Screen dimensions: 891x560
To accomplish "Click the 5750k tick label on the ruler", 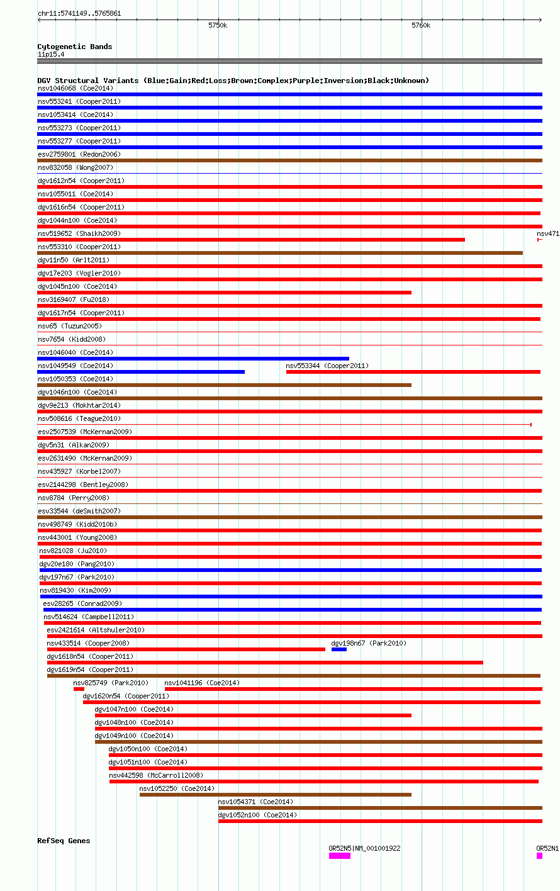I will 218,26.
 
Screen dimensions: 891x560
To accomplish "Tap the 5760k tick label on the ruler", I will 421,26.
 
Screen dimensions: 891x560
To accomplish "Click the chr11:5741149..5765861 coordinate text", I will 79,13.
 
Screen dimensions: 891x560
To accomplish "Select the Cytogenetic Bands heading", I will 75,47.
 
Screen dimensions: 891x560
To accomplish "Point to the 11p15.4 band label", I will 51,54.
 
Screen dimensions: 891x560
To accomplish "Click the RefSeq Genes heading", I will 64,841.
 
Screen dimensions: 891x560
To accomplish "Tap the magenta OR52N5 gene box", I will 340,856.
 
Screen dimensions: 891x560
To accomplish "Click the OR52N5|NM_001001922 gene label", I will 364,848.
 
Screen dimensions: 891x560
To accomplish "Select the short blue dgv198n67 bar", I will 339,649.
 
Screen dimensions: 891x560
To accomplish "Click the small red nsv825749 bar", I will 79,689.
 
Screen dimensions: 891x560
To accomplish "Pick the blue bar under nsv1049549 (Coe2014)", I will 141,372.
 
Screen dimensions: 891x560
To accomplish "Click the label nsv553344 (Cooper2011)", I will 327,366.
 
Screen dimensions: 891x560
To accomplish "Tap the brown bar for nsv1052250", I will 275,795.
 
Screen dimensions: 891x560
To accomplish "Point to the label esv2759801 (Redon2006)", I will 79,154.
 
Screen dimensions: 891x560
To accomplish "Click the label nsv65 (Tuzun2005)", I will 70,326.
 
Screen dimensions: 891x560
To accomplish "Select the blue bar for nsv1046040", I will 193,359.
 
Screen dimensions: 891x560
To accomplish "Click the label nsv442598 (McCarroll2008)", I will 156,775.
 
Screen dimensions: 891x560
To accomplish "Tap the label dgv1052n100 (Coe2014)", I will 257,815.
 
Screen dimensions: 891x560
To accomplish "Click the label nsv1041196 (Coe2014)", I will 202,683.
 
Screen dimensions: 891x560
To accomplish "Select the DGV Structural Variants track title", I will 233,81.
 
